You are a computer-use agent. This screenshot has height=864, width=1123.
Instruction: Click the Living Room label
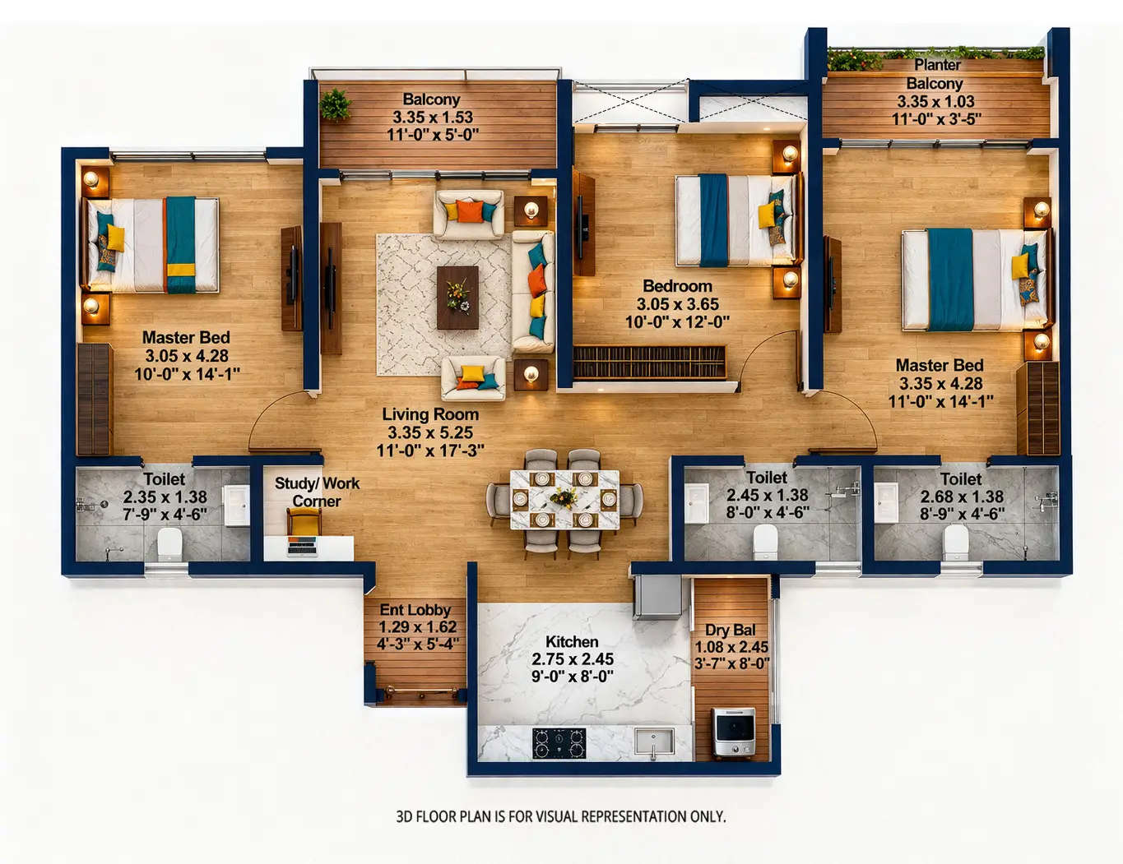(429, 414)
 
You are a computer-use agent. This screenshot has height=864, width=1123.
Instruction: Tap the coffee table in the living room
(457, 297)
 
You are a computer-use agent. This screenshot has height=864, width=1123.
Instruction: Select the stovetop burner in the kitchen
(559, 743)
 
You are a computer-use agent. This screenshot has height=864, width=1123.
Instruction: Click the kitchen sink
(654, 742)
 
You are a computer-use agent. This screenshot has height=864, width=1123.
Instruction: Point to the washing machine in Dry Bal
(734, 731)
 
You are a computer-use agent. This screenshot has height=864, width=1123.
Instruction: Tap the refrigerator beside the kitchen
(657, 597)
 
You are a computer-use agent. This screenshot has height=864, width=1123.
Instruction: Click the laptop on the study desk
(302, 545)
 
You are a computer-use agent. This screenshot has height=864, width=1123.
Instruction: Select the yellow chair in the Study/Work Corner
(304, 521)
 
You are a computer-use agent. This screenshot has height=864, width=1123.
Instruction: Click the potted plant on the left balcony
(335, 104)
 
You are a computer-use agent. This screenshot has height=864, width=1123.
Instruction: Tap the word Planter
(937, 65)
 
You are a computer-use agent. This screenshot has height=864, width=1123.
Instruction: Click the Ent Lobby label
(415, 610)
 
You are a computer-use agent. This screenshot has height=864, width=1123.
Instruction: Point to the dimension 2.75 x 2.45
(572, 659)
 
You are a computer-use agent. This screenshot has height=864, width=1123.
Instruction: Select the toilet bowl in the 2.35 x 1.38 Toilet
(169, 543)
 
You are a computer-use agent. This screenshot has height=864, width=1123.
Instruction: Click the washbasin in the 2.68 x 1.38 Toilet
(886, 502)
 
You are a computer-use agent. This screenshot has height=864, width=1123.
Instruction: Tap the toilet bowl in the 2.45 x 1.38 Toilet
(765, 542)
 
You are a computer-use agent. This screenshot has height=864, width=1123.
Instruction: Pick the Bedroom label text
(677, 286)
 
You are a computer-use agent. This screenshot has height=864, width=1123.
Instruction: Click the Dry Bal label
(730, 630)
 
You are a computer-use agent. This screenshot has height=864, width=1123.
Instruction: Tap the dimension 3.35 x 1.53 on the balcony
(432, 117)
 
